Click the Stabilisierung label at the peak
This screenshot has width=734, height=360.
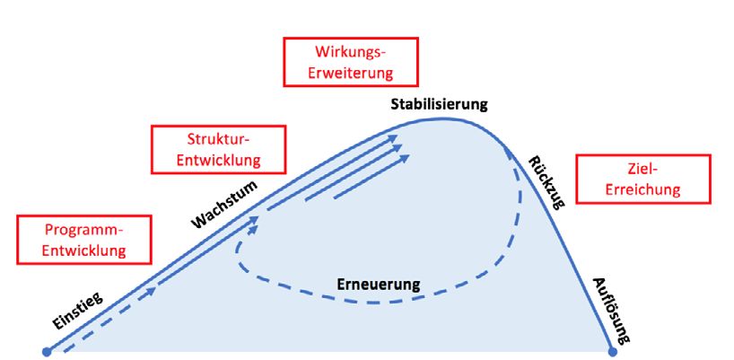pos(439,103)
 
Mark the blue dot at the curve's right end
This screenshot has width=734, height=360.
pos(613,351)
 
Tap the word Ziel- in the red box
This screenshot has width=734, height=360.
pos(642,168)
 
